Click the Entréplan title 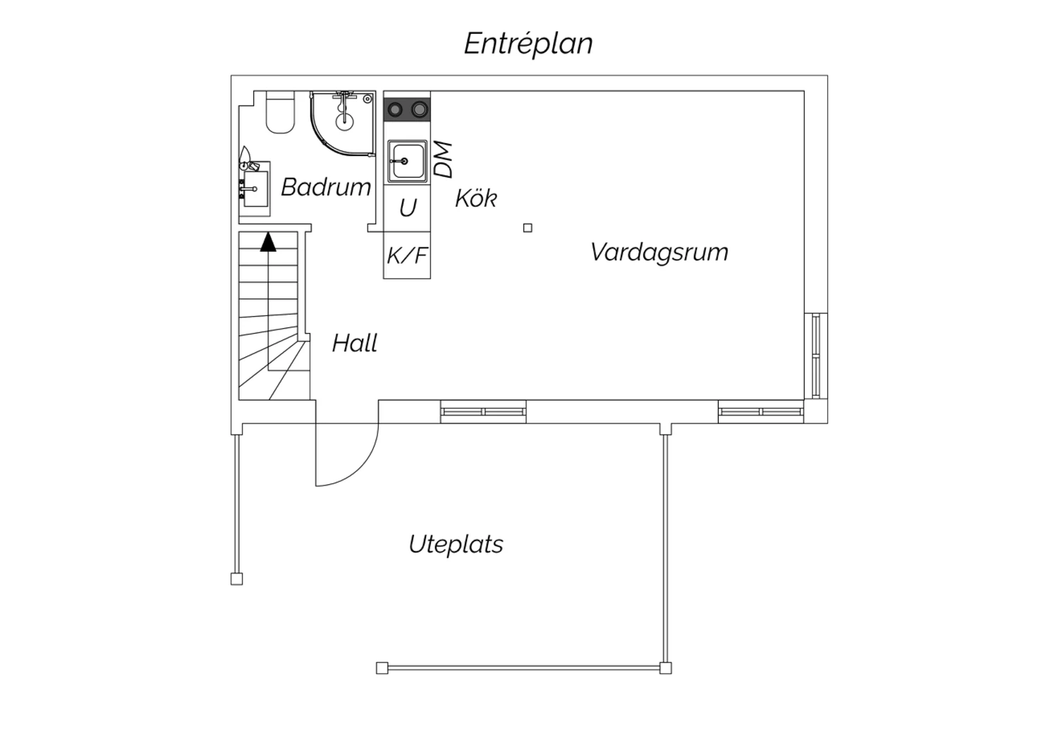pyautogui.click(x=528, y=44)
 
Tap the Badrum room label pyautogui.click(x=326, y=187)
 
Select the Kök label pyautogui.click(x=475, y=198)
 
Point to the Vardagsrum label pyautogui.click(x=659, y=253)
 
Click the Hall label pyautogui.click(x=354, y=343)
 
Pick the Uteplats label pyautogui.click(x=456, y=545)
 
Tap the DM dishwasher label pyautogui.click(x=443, y=159)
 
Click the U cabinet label pyautogui.click(x=408, y=207)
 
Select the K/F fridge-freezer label pyautogui.click(x=407, y=255)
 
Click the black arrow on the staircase pyautogui.click(x=268, y=242)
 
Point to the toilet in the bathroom pyautogui.click(x=280, y=112)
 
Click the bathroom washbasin pyautogui.click(x=255, y=189)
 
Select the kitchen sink pyautogui.click(x=407, y=161)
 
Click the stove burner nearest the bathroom pyautogui.click(x=395, y=110)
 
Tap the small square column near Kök pyautogui.click(x=528, y=228)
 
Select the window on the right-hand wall pyautogui.click(x=816, y=356)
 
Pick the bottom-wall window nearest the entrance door pyautogui.click(x=483, y=411)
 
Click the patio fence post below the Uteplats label pyautogui.click(x=382, y=668)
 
